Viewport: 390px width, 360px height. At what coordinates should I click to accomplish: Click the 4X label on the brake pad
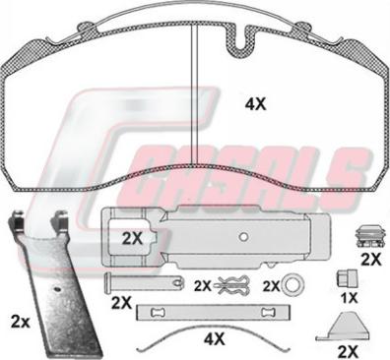256,104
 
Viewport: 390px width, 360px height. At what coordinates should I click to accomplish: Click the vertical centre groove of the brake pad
194,94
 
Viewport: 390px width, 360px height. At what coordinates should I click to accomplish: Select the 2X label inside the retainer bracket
132,239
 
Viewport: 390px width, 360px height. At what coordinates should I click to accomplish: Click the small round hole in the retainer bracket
243,236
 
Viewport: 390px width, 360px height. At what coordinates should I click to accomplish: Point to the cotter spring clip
231,285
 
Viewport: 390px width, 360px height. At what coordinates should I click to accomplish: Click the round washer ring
293,285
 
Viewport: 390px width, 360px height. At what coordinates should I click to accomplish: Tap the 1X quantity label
349,298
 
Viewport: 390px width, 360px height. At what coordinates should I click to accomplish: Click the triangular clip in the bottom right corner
343,328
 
